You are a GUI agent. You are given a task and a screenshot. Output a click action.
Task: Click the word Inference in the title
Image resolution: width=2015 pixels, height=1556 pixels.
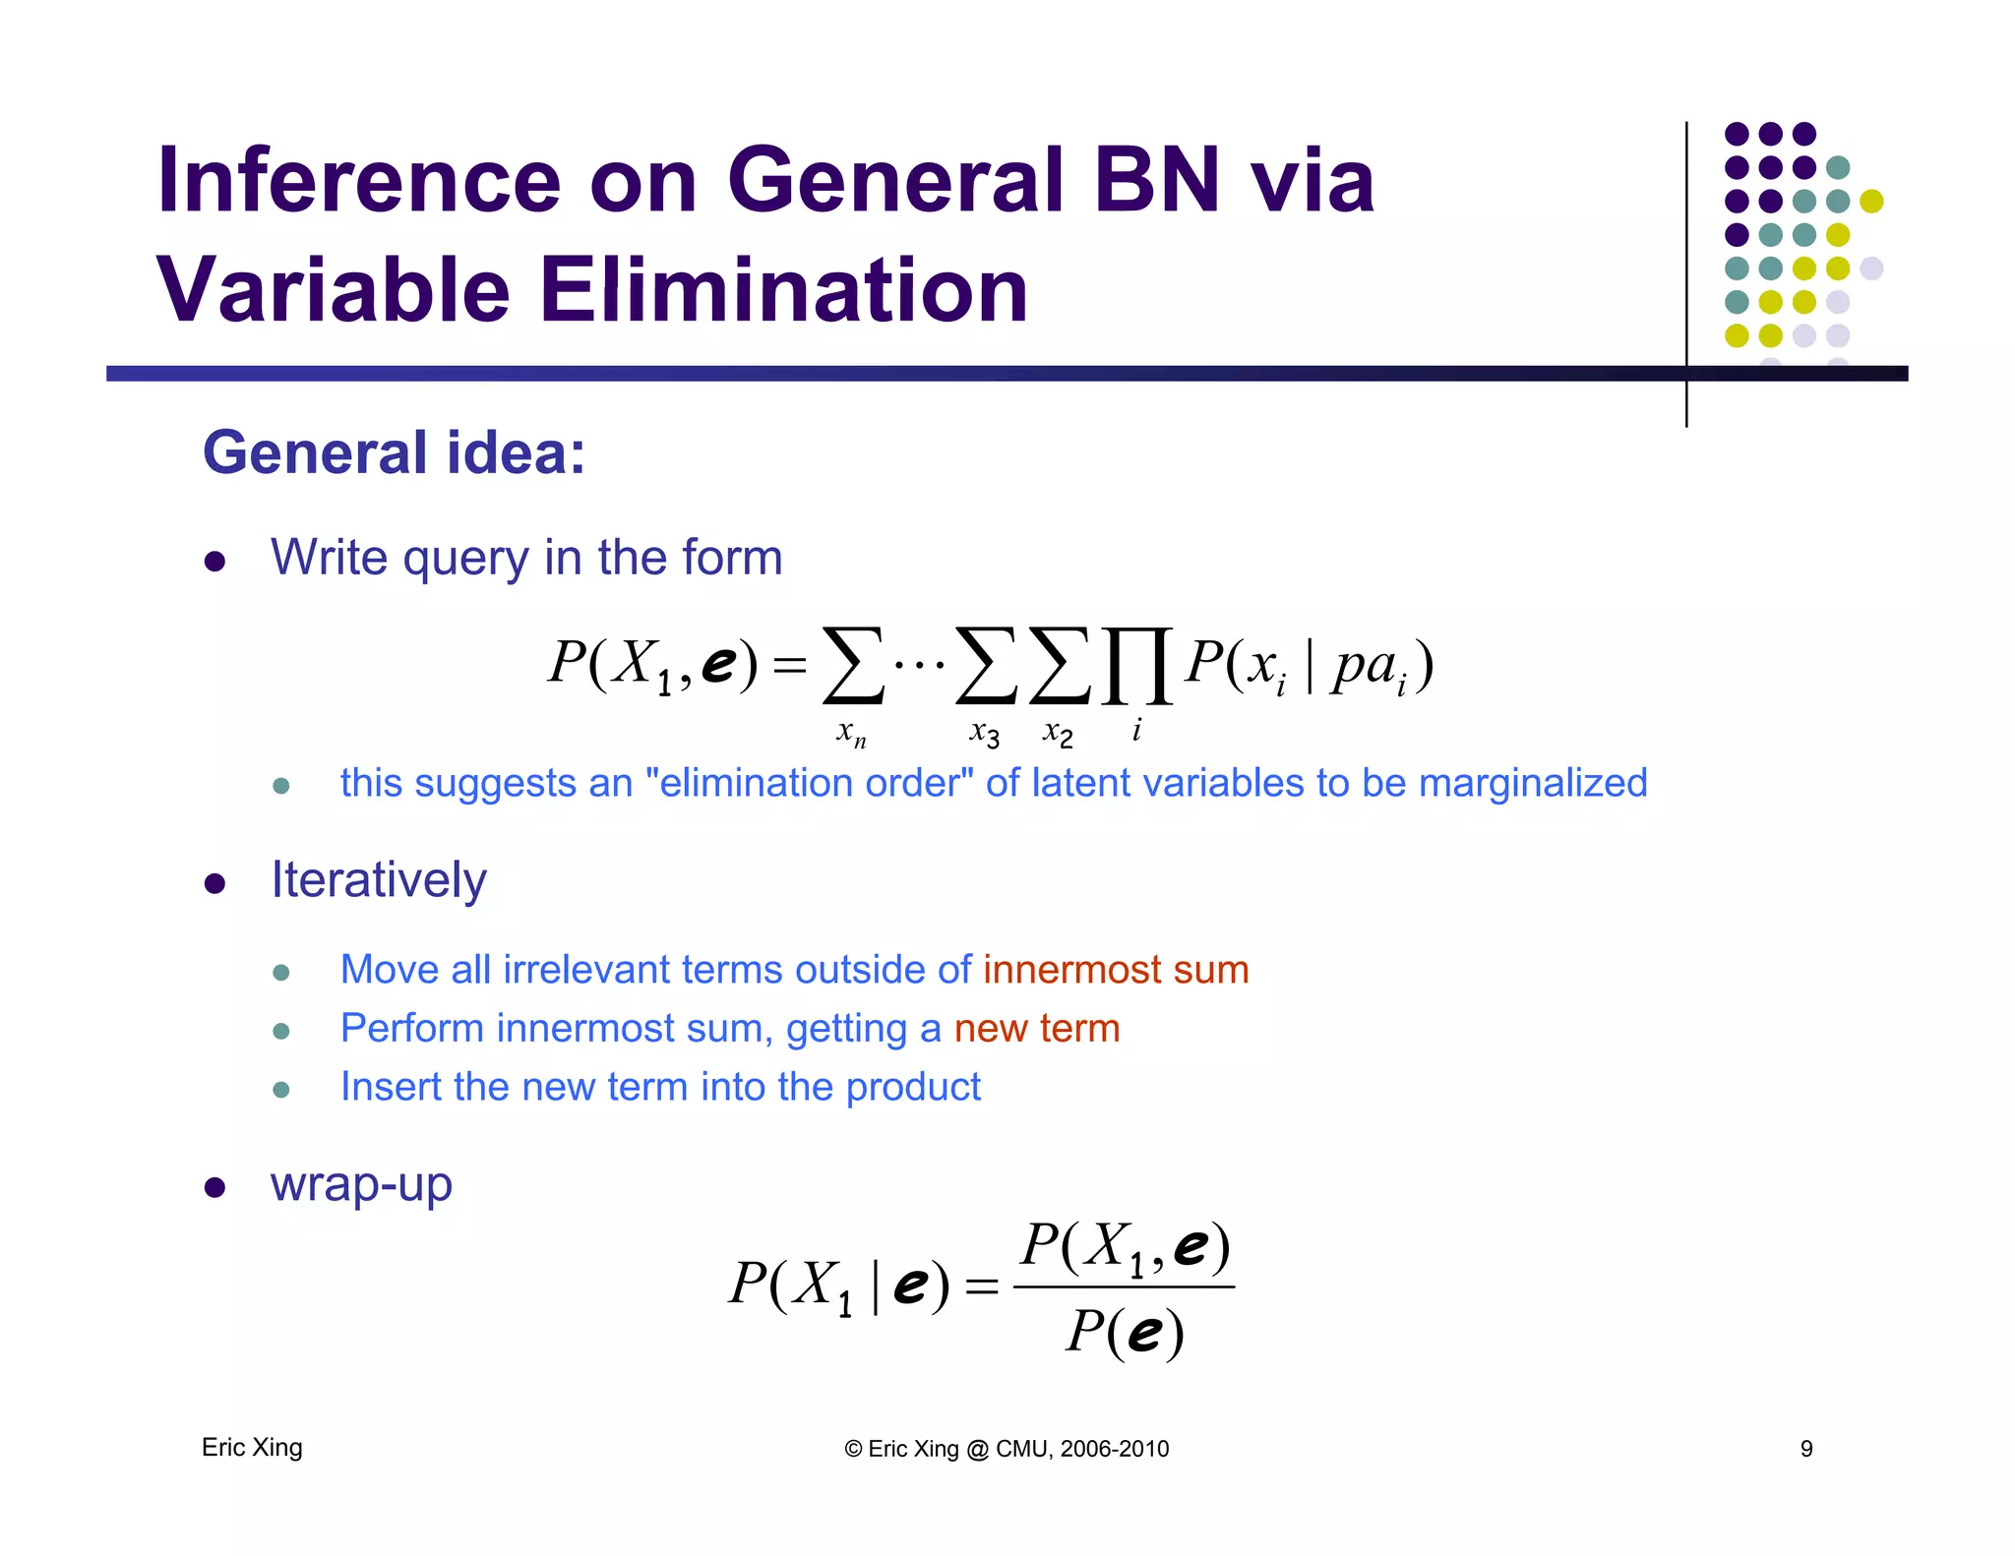click(x=359, y=181)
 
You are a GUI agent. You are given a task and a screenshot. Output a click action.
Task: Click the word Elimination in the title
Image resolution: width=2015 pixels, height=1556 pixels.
click(x=783, y=291)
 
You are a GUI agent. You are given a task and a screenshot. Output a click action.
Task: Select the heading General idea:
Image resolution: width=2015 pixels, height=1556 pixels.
click(x=394, y=453)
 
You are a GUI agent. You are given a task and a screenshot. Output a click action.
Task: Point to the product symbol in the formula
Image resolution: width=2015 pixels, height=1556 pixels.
click(x=1136, y=667)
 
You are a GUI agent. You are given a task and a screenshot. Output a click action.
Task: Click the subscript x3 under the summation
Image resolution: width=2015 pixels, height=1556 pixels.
click(x=984, y=733)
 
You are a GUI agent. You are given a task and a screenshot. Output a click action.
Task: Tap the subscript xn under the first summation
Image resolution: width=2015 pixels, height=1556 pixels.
click(x=851, y=733)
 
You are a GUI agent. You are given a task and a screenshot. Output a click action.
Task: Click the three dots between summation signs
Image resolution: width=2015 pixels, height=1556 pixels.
click(x=919, y=665)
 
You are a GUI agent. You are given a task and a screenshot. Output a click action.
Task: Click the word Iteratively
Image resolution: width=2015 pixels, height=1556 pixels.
click(x=379, y=880)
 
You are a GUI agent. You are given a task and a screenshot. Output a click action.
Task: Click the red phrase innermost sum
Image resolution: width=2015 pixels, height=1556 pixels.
click(x=1116, y=971)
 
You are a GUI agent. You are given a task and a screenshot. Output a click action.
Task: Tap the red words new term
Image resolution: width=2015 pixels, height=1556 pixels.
click(x=1037, y=1029)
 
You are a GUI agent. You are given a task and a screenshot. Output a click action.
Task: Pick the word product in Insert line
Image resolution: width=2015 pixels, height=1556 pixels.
click(x=913, y=1088)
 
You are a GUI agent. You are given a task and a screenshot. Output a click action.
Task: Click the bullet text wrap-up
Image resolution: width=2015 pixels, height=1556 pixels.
click(x=361, y=1184)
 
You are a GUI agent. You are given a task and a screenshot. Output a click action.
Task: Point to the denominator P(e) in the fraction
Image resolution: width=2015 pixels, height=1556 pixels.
click(x=1125, y=1333)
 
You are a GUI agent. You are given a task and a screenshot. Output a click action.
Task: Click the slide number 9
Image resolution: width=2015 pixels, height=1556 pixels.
click(x=1806, y=1449)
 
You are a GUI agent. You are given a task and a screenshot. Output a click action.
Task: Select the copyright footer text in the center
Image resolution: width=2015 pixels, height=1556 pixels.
click(x=1007, y=1449)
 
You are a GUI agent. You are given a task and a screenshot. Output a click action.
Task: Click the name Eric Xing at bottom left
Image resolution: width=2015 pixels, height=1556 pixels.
click(x=252, y=1448)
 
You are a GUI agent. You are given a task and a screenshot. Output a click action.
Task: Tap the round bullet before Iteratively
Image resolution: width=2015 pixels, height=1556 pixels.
click(x=214, y=883)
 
